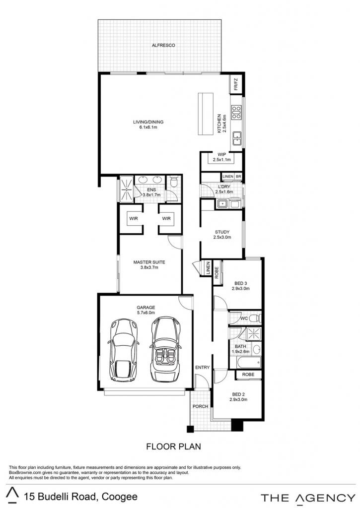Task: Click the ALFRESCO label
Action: [x=163, y=45]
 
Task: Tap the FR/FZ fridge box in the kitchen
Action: [x=236, y=84]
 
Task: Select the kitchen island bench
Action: [x=206, y=114]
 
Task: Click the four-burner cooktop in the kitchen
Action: [x=236, y=112]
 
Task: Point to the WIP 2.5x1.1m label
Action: [x=222, y=157]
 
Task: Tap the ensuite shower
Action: [x=126, y=189]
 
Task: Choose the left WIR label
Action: [x=134, y=219]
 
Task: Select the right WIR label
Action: [x=166, y=219]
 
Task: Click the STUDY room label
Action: [x=222, y=232]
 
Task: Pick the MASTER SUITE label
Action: [x=149, y=262]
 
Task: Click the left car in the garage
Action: [x=124, y=350]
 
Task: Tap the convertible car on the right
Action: [x=166, y=349]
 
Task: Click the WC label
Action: [x=244, y=318]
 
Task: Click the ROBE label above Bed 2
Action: [x=248, y=374]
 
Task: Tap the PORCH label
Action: [x=200, y=406]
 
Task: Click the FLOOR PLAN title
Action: [x=173, y=446]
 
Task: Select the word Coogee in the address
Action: [x=119, y=497]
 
